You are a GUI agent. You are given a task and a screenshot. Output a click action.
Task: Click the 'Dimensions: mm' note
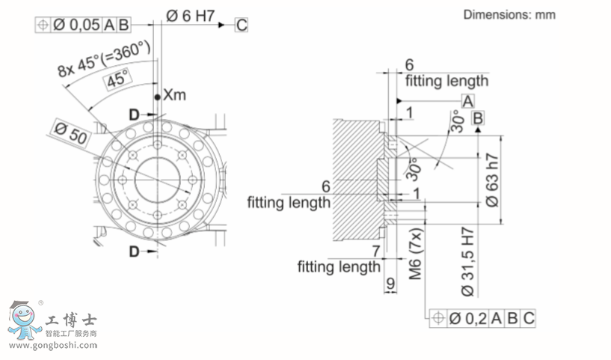point(509,14)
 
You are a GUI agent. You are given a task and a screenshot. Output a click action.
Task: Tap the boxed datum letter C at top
point(241,25)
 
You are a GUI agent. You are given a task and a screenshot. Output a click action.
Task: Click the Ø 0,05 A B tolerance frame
point(83,25)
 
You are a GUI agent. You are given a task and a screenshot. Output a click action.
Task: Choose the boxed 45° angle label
point(115,80)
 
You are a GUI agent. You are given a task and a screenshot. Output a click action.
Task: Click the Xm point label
point(174,96)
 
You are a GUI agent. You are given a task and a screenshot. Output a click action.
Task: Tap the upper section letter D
point(133,114)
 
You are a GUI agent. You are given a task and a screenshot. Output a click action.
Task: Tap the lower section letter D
point(133,251)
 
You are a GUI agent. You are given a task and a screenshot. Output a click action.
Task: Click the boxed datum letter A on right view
point(467,101)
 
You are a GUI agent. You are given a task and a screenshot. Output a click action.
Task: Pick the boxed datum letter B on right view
point(478,118)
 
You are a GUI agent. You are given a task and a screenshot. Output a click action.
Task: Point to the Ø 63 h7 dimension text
point(491,180)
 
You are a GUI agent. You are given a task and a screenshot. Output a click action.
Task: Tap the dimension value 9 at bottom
point(390,284)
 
